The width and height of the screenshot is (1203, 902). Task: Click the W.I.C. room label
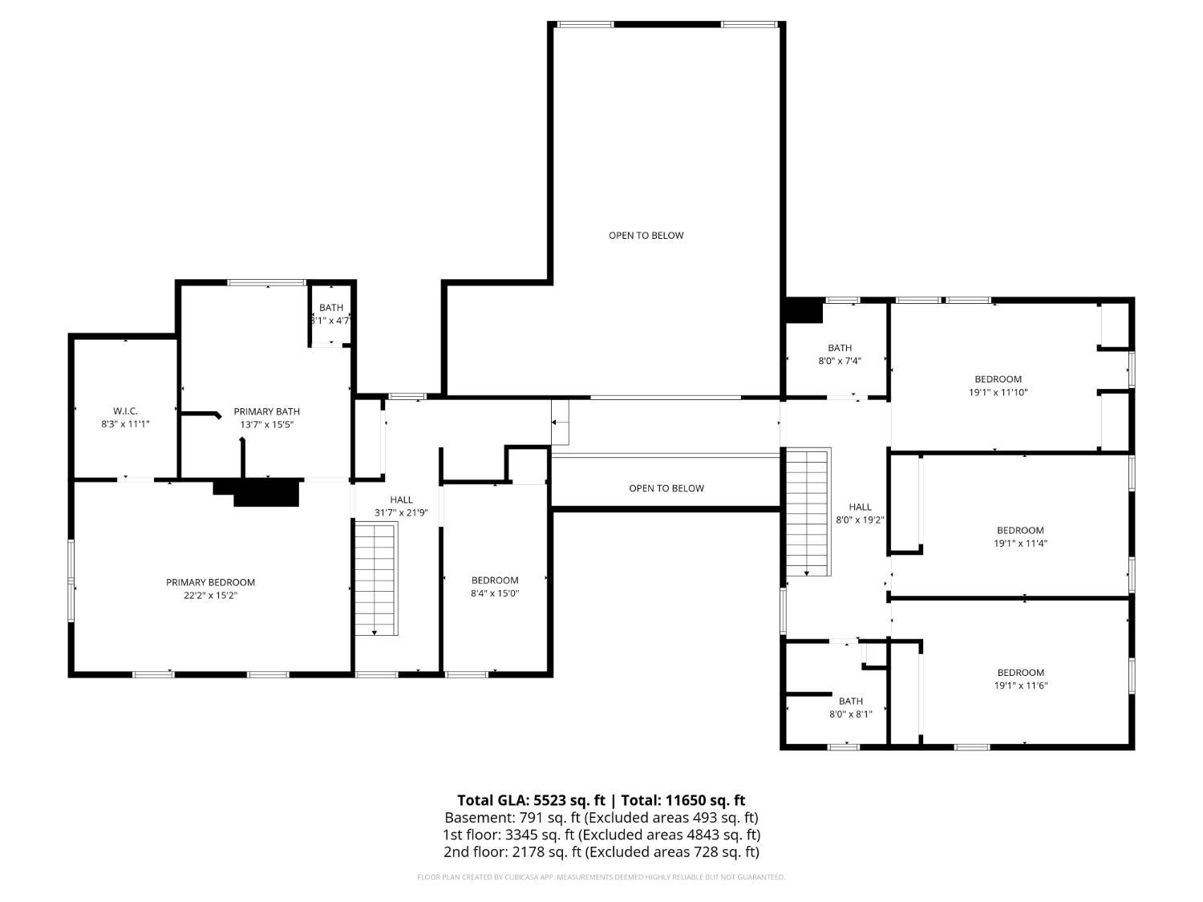pyautogui.click(x=125, y=411)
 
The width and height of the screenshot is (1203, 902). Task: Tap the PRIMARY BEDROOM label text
pyautogui.click(x=210, y=582)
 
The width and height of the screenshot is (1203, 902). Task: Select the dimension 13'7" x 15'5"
pyautogui.click(x=267, y=424)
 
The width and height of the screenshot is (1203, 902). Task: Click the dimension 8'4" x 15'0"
pyautogui.click(x=495, y=593)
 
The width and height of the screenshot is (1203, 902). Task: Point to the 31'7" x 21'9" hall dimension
pyautogui.click(x=401, y=512)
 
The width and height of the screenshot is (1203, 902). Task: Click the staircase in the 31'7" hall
pyautogui.click(x=376, y=579)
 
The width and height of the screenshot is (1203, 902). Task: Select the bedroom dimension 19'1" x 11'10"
pyautogui.click(x=998, y=392)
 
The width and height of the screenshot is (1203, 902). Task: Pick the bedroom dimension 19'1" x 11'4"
pyautogui.click(x=1020, y=544)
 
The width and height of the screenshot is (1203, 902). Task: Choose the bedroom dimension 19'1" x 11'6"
pyautogui.click(x=1021, y=686)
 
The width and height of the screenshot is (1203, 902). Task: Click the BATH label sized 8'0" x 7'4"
pyautogui.click(x=840, y=348)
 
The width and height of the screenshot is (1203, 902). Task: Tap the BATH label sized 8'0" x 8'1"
pyautogui.click(x=851, y=701)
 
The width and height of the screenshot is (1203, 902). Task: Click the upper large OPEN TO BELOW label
pyautogui.click(x=646, y=236)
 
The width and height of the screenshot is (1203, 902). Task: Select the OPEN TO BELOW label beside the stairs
pyautogui.click(x=666, y=488)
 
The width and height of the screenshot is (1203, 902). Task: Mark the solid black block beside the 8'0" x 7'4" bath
pyautogui.click(x=804, y=310)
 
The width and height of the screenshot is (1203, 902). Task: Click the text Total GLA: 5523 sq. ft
pyautogui.click(x=531, y=801)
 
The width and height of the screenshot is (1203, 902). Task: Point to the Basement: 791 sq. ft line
pyautogui.click(x=601, y=818)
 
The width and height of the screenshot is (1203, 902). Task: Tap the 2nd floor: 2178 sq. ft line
pyautogui.click(x=601, y=851)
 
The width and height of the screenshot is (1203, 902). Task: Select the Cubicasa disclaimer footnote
pyautogui.click(x=601, y=877)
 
